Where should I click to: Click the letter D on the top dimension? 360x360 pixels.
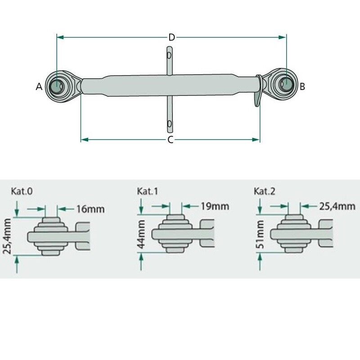click(x=171, y=37)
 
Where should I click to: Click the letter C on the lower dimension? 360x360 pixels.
click(x=171, y=140)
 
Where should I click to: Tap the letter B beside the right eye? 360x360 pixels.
click(x=302, y=86)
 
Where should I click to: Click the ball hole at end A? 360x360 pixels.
click(x=58, y=85)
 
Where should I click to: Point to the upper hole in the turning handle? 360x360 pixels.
click(x=169, y=56)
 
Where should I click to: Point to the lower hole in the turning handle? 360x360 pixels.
click(x=169, y=123)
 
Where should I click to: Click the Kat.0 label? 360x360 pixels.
click(x=21, y=191)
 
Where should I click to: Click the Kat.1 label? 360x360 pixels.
click(x=148, y=191)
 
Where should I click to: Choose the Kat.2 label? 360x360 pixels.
click(x=265, y=191)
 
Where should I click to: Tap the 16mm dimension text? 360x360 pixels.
click(x=90, y=209)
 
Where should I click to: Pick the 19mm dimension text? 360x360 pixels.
click(x=215, y=207)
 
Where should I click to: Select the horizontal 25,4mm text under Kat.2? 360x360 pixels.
click(x=337, y=207)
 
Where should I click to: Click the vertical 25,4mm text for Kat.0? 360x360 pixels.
click(x=7, y=236)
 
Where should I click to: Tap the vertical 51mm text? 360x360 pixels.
click(x=261, y=234)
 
